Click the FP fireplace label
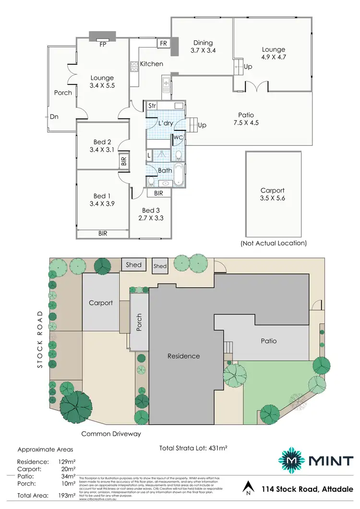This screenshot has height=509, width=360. click(x=102, y=45)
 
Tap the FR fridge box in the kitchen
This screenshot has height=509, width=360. click(x=163, y=43)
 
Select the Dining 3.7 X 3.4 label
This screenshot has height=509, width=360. click(x=203, y=47)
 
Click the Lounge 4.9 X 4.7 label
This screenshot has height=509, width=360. click(x=273, y=53)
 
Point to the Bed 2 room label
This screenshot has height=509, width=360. click(x=102, y=146)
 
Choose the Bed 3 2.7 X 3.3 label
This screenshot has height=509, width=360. click(x=148, y=214)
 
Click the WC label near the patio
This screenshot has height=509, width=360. click(x=178, y=138)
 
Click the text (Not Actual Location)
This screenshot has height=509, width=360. click(x=273, y=243)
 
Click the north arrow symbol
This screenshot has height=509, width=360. click(x=248, y=488)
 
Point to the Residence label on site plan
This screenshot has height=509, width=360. click(x=183, y=356)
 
